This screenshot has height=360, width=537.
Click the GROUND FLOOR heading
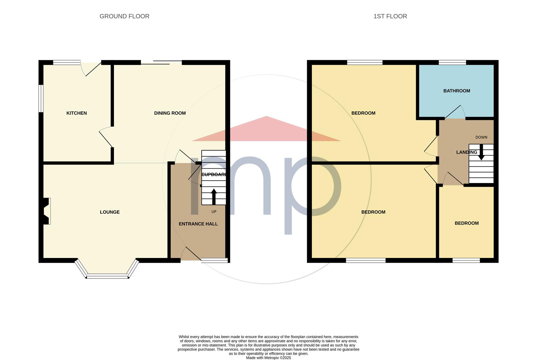124,16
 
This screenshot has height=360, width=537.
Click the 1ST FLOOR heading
390,16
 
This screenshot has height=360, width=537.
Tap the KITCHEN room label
77,113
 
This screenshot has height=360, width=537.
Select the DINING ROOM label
170,113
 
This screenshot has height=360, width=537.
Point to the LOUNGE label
110,212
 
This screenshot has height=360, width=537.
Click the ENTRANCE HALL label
198,224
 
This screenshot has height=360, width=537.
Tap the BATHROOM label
457,91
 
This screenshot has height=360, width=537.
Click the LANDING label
466,152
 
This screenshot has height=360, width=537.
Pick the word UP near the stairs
214,212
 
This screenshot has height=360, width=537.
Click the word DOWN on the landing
481,137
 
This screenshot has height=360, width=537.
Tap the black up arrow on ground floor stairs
214,197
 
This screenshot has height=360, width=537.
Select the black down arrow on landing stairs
481,152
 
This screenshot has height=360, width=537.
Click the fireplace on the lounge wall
46,211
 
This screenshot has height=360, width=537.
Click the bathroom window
452,63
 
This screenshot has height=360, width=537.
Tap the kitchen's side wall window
41,98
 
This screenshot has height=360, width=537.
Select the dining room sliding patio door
161,62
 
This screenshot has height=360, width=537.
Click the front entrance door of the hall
191,254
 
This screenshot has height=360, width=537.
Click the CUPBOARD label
214,175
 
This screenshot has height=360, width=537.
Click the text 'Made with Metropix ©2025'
268,358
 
